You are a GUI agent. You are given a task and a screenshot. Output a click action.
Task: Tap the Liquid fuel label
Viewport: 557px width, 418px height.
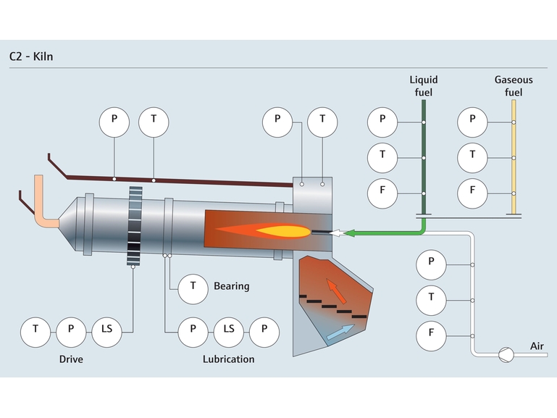point(424,85)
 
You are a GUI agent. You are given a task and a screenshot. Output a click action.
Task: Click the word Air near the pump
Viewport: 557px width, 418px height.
point(537,346)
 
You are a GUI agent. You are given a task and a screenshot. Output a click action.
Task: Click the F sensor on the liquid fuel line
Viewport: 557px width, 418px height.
point(382,193)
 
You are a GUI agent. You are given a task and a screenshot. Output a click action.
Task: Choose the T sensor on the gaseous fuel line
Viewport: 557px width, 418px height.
point(472,155)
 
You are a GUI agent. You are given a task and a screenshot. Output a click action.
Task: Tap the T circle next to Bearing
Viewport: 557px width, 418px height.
point(193,285)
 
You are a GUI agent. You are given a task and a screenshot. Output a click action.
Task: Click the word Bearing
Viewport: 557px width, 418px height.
point(231,286)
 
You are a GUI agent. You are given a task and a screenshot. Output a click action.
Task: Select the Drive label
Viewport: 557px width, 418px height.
point(71,359)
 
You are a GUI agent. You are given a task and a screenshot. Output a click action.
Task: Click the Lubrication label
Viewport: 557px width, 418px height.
point(228,359)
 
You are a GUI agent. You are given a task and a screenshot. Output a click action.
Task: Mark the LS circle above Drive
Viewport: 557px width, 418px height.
point(106,329)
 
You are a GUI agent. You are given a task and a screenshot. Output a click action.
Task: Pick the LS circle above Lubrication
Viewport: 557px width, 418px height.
point(228,329)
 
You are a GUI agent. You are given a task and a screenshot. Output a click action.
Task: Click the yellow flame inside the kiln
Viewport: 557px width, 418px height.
point(282,232)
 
